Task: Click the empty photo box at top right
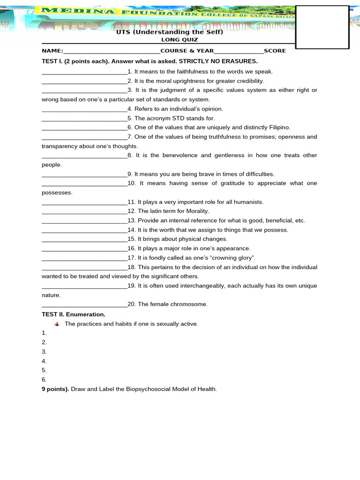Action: coord(322,27)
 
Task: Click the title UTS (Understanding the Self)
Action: coord(170,32)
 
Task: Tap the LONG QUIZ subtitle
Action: coord(180,40)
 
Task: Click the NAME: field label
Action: coord(52,51)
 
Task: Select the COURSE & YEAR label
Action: coord(187,51)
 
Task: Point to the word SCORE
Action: coord(275,51)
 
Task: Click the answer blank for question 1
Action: coord(84,72)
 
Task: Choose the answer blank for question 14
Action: coord(84,230)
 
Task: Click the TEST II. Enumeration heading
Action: coord(74,314)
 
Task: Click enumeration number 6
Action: coord(44,380)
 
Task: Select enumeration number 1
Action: coord(44,333)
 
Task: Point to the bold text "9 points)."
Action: coord(55,389)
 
